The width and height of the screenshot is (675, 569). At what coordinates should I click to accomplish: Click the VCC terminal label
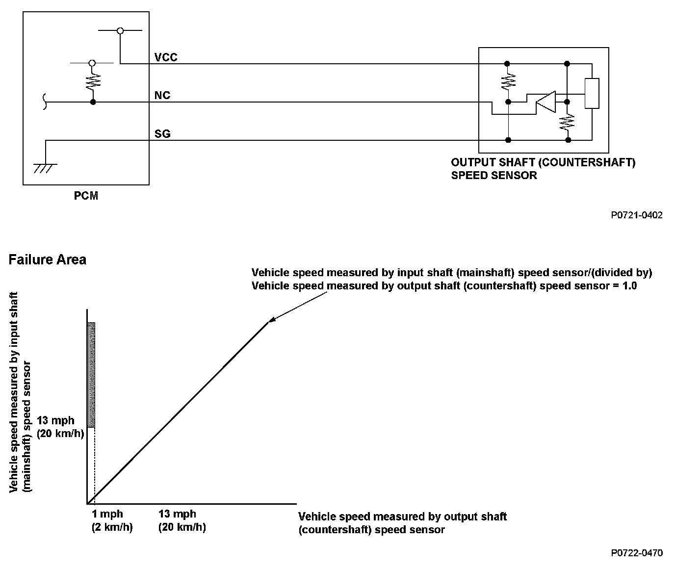click(166, 57)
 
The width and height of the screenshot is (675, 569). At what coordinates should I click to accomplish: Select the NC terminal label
click(162, 95)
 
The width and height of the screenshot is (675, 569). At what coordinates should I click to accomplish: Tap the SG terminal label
click(162, 134)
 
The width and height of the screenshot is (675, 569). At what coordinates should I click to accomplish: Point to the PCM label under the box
click(86, 196)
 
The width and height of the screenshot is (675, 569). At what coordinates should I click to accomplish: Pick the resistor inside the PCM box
click(93, 81)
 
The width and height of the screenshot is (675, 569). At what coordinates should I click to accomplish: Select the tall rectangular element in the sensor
click(592, 93)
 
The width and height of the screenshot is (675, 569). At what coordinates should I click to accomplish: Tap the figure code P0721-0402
click(637, 215)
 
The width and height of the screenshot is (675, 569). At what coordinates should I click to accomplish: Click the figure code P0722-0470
click(637, 553)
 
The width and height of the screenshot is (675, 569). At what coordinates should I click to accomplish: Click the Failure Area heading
click(47, 259)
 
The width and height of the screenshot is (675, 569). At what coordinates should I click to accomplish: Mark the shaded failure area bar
click(91, 375)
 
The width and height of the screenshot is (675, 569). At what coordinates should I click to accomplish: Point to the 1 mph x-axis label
click(107, 515)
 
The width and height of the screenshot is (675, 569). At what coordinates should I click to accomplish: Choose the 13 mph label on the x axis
click(177, 515)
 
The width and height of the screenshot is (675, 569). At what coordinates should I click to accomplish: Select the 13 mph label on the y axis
click(55, 421)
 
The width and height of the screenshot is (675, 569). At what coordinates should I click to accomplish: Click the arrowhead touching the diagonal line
click(272, 320)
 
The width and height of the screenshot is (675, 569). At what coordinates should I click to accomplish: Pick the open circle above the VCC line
click(120, 31)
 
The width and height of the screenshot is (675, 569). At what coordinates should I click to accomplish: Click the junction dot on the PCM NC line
click(93, 102)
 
